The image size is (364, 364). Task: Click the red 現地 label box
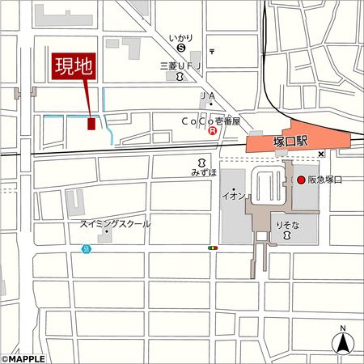point(74,67)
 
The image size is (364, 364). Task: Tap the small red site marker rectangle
point(91,124)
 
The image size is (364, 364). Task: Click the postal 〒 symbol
point(211,51)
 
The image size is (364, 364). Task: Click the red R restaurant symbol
point(213,129)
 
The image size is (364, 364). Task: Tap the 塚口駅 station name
point(290,142)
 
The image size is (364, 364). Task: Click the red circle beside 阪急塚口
point(299,180)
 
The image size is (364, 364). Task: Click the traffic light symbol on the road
point(214,248)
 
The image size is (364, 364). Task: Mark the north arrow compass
point(343,341)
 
